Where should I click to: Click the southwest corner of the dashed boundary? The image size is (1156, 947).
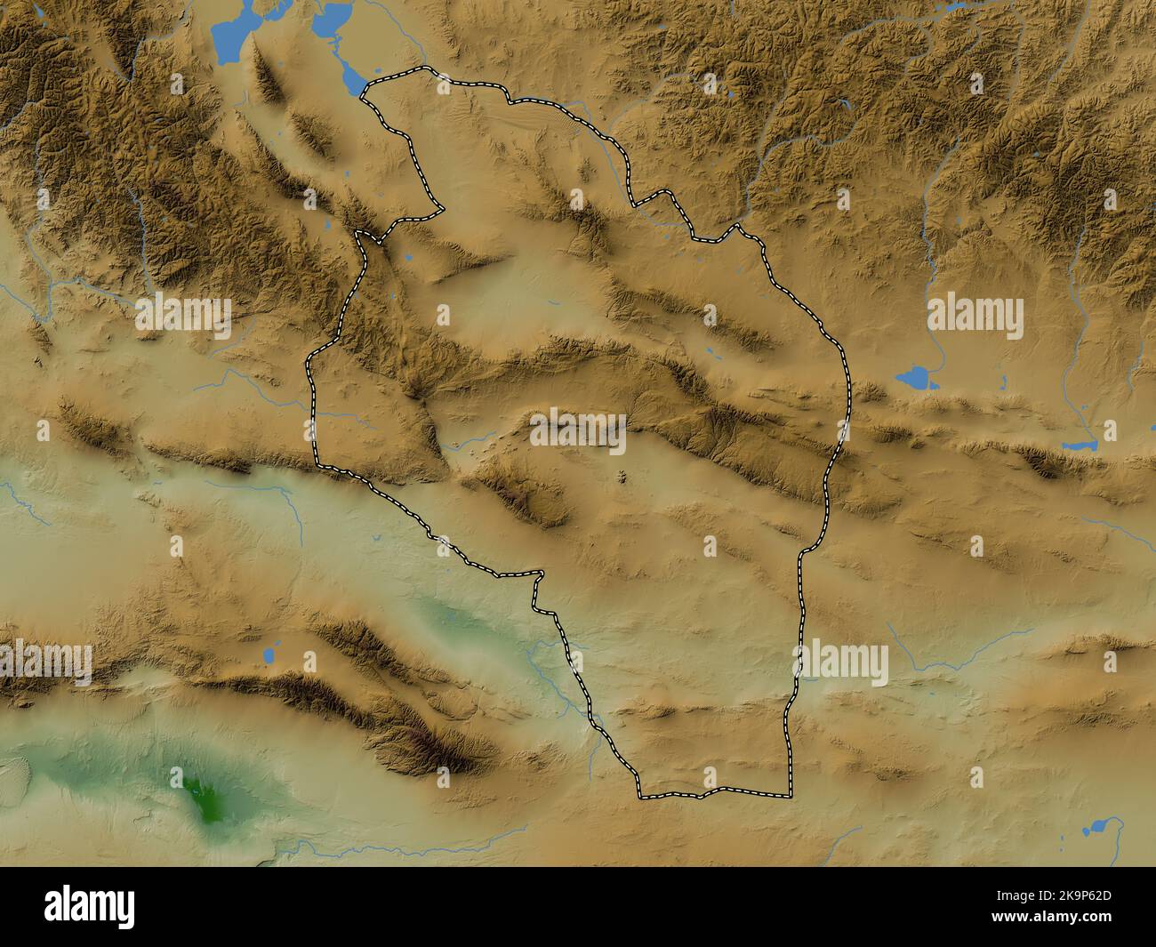[640, 794]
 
